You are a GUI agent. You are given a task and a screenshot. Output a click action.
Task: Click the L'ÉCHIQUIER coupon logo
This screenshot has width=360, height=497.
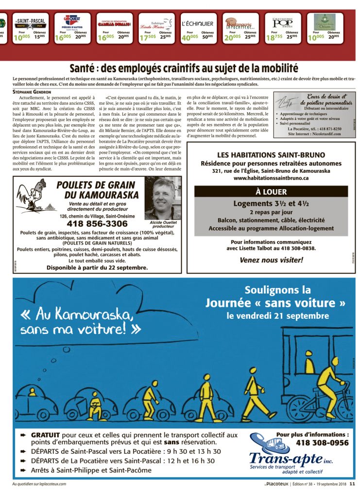[x=197, y=23]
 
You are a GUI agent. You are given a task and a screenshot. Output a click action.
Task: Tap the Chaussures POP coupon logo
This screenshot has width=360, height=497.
[x=282, y=22]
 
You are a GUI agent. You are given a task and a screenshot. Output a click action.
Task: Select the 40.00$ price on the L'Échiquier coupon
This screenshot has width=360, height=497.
[x=189, y=37]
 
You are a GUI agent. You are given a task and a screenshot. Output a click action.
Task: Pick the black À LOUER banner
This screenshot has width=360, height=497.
[x=271, y=192]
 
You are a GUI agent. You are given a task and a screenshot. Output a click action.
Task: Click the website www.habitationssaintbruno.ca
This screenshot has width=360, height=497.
[x=271, y=178]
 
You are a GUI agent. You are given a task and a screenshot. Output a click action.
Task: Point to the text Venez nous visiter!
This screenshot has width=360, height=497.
[x=271, y=260]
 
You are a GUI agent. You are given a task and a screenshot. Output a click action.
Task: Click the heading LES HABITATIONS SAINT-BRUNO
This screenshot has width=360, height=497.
[x=271, y=155]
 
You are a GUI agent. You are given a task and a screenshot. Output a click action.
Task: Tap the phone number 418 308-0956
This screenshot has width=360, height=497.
[x=322, y=443]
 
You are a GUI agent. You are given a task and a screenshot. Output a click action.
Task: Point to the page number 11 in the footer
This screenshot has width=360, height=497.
[x=353, y=483]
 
